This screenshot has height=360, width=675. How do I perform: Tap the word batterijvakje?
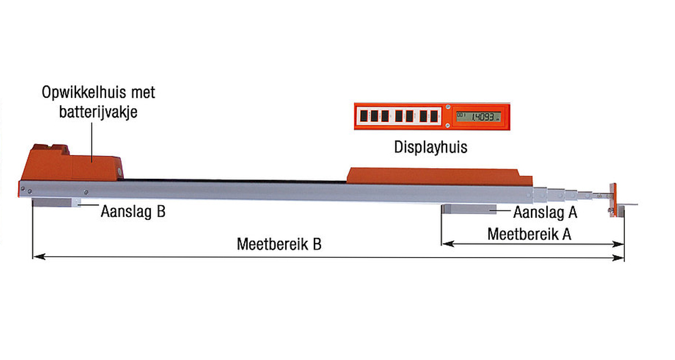pos(98,111)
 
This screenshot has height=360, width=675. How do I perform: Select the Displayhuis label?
pos(431,148)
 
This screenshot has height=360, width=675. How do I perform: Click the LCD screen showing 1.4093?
pos(477,116)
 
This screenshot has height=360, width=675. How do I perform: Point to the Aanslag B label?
pos(133,213)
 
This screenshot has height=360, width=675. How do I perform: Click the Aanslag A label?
pos(545,213)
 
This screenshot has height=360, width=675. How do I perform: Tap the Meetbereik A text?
pos(529,234)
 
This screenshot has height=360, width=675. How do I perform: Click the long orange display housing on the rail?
pos(439,175)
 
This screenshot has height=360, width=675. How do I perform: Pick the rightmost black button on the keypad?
pos(434,116)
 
